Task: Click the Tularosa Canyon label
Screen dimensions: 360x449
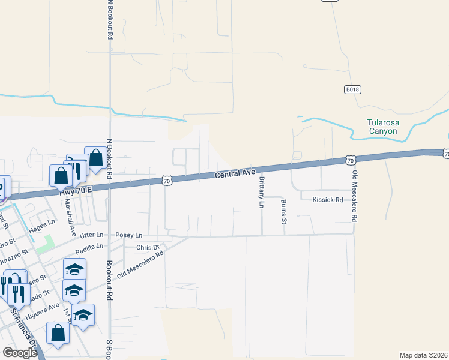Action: [x=382, y=127]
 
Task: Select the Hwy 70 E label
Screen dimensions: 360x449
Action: [x=75, y=189]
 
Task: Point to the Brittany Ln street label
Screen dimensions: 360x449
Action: [x=262, y=193]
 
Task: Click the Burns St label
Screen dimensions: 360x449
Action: [x=284, y=212]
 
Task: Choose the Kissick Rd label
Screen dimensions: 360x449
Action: [x=327, y=200]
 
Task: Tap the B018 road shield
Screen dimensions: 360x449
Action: [x=352, y=89]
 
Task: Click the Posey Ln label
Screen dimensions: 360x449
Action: [x=129, y=235]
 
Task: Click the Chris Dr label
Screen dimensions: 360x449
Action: [x=148, y=247]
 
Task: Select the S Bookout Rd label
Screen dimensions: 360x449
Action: [x=109, y=348]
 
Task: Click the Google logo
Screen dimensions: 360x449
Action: [x=20, y=353]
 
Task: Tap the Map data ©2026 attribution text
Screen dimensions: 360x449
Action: [x=423, y=355]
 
